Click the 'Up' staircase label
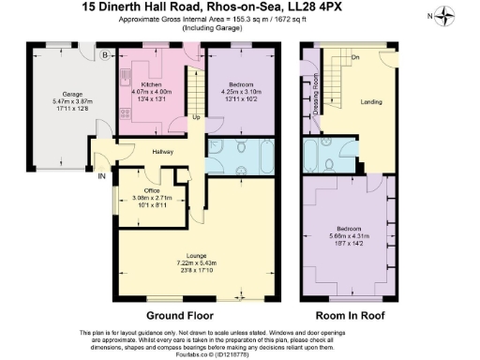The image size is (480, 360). (195, 117)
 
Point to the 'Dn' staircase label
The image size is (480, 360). (355, 58)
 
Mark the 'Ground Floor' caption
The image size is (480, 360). (180, 315)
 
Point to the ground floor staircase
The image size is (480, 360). (195, 89)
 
